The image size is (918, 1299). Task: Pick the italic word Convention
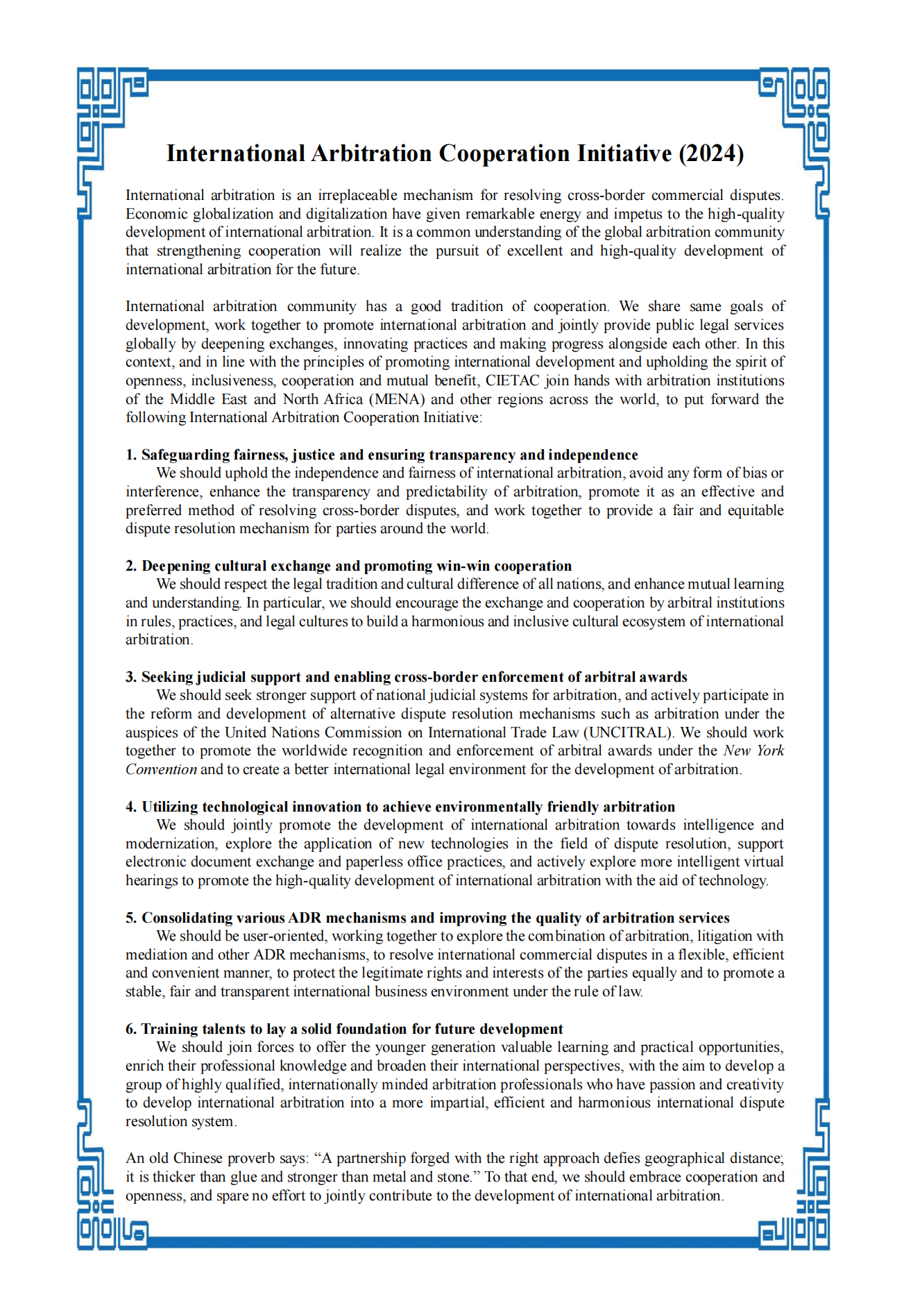click(x=161, y=769)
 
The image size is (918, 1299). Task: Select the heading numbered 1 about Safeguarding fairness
click(x=382, y=455)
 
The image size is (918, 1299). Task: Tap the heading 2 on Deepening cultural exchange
click(x=348, y=566)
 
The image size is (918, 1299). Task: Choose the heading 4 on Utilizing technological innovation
click(x=400, y=807)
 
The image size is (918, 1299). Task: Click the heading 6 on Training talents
click(x=344, y=1029)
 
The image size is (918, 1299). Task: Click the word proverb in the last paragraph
click(x=253, y=1158)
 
